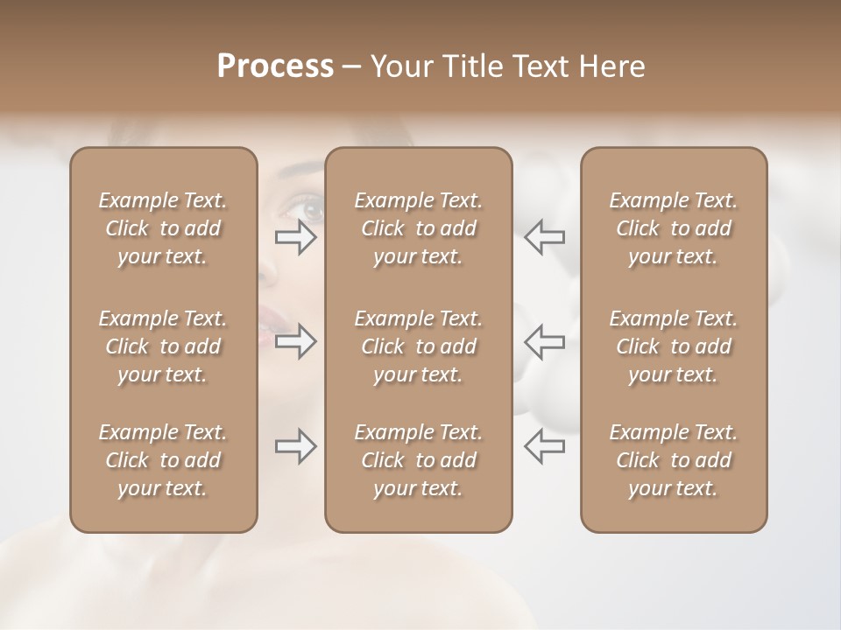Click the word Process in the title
point(275,66)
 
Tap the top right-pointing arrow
point(296,237)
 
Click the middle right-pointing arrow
point(296,341)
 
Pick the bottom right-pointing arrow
point(296,446)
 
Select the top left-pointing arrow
point(545,236)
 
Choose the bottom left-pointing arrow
point(545,445)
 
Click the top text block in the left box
point(163,228)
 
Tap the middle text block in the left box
point(163,346)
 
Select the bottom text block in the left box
point(163,460)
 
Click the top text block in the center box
point(419,228)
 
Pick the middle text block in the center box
point(419,346)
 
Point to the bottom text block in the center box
point(419,460)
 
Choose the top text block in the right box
point(674,228)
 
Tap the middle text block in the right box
point(674,346)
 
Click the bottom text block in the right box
point(674,460)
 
